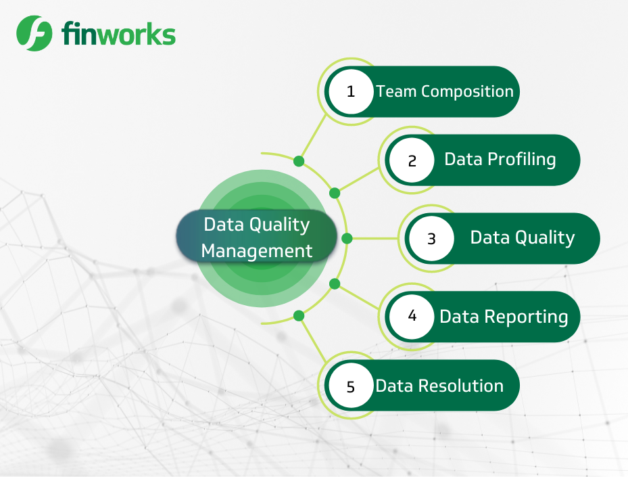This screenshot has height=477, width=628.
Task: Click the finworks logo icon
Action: pyautogui.click(x=34, y=33)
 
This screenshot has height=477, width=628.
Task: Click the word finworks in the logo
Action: pyautogui.click(x=118, y=34)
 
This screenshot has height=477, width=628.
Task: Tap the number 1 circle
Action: pyautogui.click(x=351, y=91)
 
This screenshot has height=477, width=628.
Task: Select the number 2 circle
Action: pyautogui.click(x=412, y=160)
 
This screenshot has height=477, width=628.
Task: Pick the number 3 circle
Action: pyautogui.click(x=431, y=238)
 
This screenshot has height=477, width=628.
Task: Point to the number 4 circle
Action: pyautogui.click(x=412, y=317)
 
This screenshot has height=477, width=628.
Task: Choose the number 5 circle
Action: pyautogui.click(x=351, y=386)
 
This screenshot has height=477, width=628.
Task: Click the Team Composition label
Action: pyautogui.click(x=445, y=92)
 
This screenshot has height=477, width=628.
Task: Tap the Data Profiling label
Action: pyautogui.click(x=500, y=160)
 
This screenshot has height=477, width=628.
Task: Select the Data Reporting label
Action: pyautogui.click(x=504, y=317)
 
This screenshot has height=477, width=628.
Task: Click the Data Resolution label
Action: pyautogui.click(x=439, y=386)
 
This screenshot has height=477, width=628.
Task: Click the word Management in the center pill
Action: pyautogui.click(x=257, y=251)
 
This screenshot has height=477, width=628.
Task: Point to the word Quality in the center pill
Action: pyautogui.click(x=280, y=225)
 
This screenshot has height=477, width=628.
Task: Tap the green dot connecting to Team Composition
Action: pyautogui.click(x=299, y=161)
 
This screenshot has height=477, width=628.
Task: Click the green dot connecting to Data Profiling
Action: pyautogui.click(x=335, y=194)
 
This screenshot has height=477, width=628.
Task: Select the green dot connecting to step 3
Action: pyautogui.click(x=347, y=238)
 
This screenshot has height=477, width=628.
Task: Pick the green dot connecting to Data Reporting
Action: pyautogui.click(x=335, y=284)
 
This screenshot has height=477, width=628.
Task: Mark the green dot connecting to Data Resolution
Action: pyautogui.click(x=299, y=316)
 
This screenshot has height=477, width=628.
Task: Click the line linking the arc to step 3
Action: pyautogui.click(x=375, y=238)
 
